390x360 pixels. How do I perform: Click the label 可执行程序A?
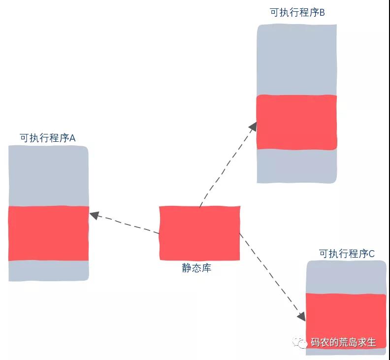[47, 138]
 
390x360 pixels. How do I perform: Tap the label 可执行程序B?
[297, 12]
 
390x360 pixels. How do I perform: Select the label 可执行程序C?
[347, 254]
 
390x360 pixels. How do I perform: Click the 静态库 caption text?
[196, 268]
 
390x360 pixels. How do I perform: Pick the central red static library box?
[199, 233]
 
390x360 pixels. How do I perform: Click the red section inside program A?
[48, 233]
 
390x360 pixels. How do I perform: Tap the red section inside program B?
[297, 122]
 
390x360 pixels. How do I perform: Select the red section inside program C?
[346, 321]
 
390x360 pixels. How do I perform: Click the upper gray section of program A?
[48, 176]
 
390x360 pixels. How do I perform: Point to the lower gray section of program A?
[48, 271]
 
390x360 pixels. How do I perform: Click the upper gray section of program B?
[297, 60]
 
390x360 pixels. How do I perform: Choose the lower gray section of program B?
[297, 166]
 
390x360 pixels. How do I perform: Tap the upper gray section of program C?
[346, 277]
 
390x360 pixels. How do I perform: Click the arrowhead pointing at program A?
[94, 215]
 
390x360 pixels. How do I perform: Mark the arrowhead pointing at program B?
[253, 127]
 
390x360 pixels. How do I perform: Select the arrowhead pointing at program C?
[302, 317]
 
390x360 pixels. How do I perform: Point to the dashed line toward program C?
[273, 277]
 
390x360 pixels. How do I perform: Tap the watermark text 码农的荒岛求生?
[343, 342]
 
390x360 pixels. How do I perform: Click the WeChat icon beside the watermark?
[300, 343]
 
